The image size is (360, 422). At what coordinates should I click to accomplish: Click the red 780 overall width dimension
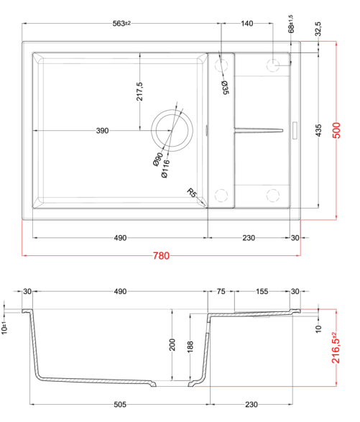(161, 255)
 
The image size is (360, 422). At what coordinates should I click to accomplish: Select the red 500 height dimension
(336, 130)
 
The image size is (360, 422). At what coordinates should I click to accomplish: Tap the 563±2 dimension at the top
(121, 24)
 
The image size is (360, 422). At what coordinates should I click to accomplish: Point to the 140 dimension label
(246, 24)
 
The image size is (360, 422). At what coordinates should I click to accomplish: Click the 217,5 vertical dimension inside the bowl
(139, 91)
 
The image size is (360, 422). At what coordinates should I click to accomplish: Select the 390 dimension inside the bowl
(102, 131)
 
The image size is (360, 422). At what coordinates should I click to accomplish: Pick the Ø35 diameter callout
(225, 88)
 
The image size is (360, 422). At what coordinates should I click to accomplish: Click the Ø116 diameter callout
(165, 169)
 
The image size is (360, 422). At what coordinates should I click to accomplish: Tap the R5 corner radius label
(192, 193)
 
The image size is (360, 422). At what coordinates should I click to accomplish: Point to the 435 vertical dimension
(318, 130)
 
